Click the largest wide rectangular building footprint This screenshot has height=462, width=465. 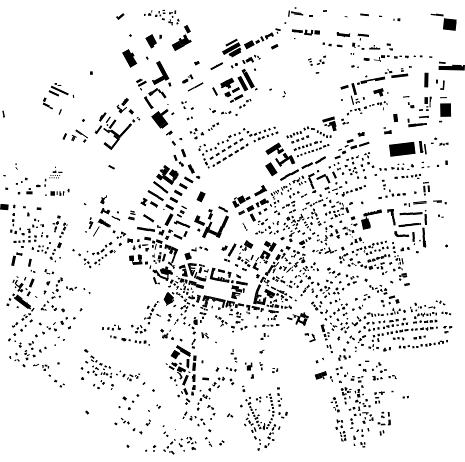(402, 149)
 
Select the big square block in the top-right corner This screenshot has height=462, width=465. (449, 24)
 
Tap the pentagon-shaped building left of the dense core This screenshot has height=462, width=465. (168, 299)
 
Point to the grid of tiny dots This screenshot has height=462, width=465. (55, 175)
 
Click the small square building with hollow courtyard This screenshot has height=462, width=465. (301, 318)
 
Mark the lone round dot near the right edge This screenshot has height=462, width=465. (446, 246)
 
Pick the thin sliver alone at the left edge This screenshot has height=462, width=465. (3, 114)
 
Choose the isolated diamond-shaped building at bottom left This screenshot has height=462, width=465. (87, 412)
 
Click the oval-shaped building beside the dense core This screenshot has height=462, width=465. (164, 272)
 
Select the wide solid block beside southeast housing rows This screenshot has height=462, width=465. (320, 375)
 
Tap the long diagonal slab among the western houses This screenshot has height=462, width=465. (22, 301)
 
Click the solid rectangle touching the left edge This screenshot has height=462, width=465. (4, 206)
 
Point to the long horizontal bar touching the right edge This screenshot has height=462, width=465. (451, 67)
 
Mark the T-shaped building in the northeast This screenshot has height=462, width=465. (379, 92)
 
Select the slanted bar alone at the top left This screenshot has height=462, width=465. (120, 16)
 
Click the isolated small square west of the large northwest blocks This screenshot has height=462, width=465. (91, 73)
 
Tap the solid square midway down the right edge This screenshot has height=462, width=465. (445, 109)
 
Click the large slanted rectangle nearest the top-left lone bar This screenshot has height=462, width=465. (129, 58)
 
